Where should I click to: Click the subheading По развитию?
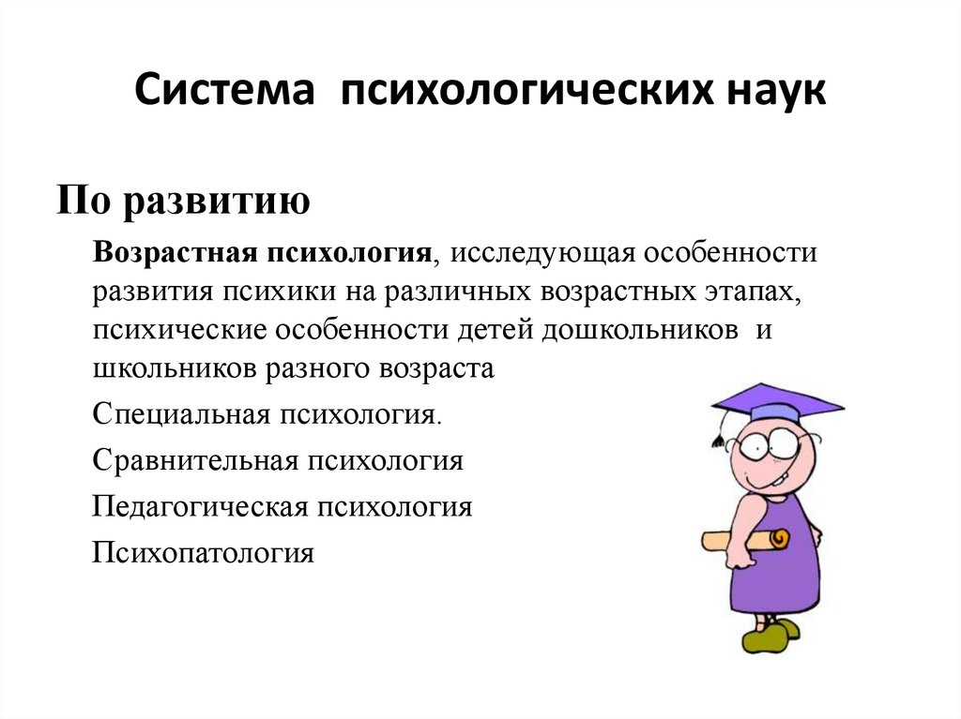pyautogui.click(x=183, y=200)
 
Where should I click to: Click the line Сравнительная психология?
pyautogui.click(x=278, y=461)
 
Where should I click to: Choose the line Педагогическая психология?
pyautogui.click(x=282, y=507)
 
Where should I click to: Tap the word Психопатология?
pyautogui.click(x=203, y=553)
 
